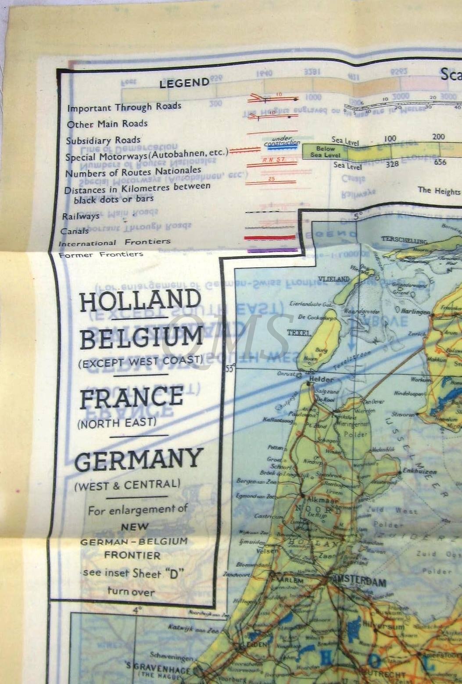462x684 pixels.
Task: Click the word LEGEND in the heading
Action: coord(184,83)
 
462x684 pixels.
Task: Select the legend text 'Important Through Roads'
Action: coord(124,107)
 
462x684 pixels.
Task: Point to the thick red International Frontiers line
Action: coord(270,237)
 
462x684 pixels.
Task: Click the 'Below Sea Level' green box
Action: coord(326,152)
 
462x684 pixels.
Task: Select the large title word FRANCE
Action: coord(131,397)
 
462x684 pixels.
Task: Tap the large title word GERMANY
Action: coord(139,458)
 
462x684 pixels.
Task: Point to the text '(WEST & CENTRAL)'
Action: coord(127,485)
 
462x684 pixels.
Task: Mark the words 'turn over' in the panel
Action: coord(131,591)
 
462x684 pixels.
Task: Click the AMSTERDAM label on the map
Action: coord(359,583)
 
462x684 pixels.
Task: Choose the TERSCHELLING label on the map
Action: coord(404,240)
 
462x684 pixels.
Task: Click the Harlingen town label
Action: coord(416,311)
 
